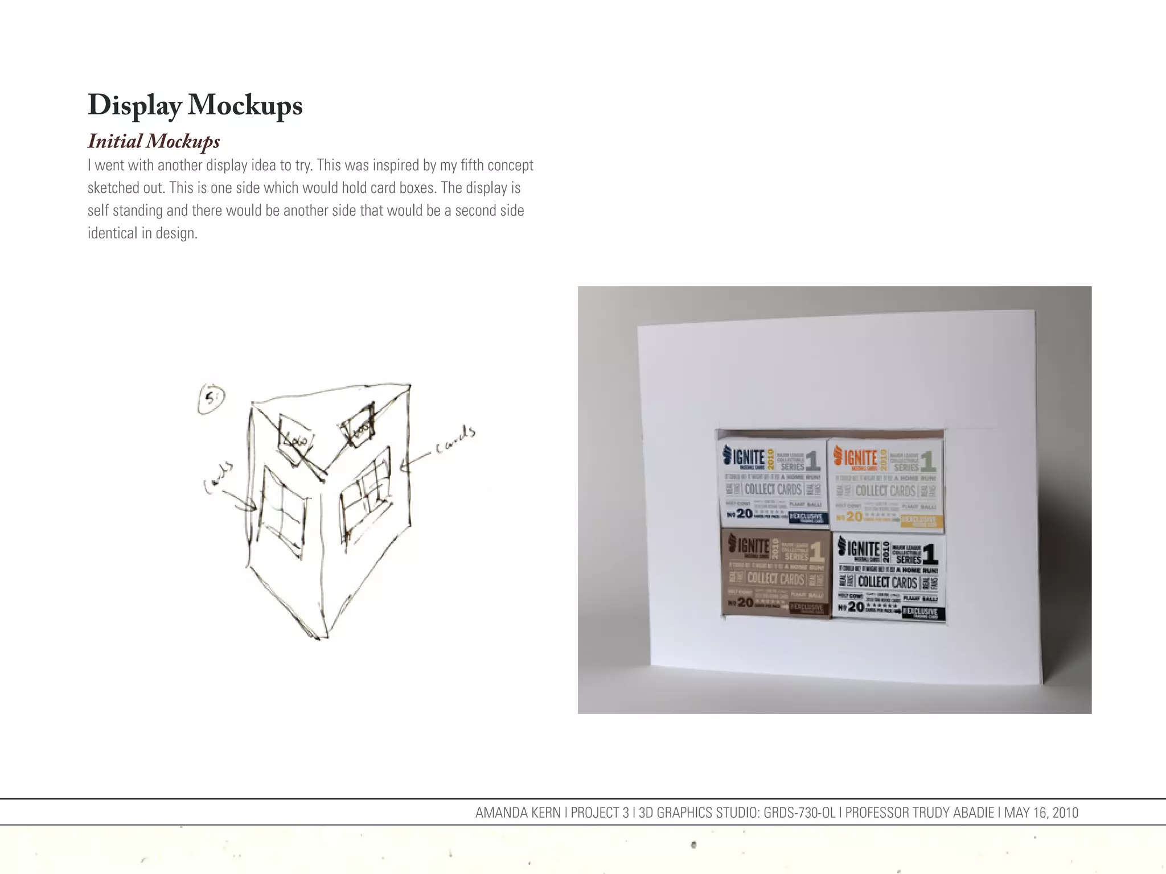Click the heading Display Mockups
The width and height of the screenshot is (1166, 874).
click(195, 105)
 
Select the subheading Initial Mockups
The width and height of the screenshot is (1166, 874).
click(154, 141)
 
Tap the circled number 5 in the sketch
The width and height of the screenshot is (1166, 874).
click(211, 398)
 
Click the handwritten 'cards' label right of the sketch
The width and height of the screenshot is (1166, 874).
click(455, 439)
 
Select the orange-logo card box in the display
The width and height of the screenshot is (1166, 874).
click(886, 484)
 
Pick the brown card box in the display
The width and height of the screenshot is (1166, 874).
click(775, 572)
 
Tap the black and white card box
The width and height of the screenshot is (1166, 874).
click(888, 576)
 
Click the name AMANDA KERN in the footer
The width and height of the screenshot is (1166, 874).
click(518, 813)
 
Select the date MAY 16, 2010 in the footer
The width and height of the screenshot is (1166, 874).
click(1041, 813)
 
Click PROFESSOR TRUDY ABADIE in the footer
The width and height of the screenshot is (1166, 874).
click(919, 813)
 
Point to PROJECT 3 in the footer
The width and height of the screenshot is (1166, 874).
click(600, 813)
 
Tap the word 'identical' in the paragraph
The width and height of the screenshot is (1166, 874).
click(112, 233)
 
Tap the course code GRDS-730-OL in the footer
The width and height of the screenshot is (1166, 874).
click(799, 813)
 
